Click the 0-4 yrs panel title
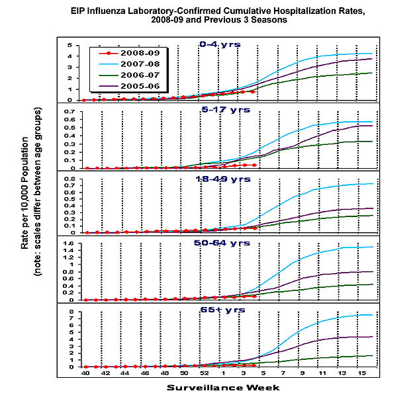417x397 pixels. [x=219, y=44]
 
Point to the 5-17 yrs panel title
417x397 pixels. [x=219, y=110]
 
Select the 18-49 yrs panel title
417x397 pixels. [x=219, y=179]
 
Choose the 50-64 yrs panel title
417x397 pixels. [x=219, y=243]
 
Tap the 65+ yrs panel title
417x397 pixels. [x=219, y=309]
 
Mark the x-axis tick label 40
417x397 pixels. [x=84, y=374]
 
